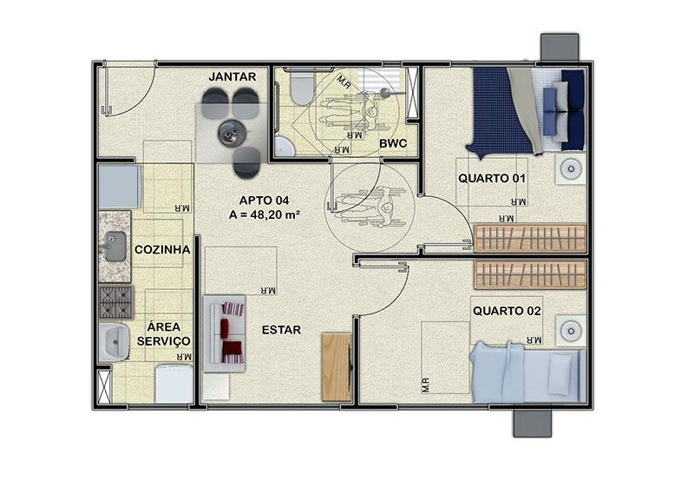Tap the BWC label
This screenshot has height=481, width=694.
tap(393, 144)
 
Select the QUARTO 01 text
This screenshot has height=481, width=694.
tap(492, 179)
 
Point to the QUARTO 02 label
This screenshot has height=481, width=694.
tap(507, 311)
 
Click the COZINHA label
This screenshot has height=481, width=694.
tap(162, 249)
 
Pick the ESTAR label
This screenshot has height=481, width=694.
tap(281, 330)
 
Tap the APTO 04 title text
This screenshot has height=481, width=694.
tap(265, 201)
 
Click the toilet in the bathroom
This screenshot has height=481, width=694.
tap(302, 87)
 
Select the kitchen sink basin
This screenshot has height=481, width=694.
tap(115, 247)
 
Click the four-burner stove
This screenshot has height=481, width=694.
tap(116, 302)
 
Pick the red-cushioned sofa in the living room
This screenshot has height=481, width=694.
tap(225, 333)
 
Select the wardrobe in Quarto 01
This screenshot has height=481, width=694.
tap(530, 238)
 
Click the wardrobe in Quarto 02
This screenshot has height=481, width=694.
tap(530, 274)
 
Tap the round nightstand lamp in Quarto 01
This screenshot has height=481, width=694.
tap(571, 168)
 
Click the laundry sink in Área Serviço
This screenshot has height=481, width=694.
tap(114, 342)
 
